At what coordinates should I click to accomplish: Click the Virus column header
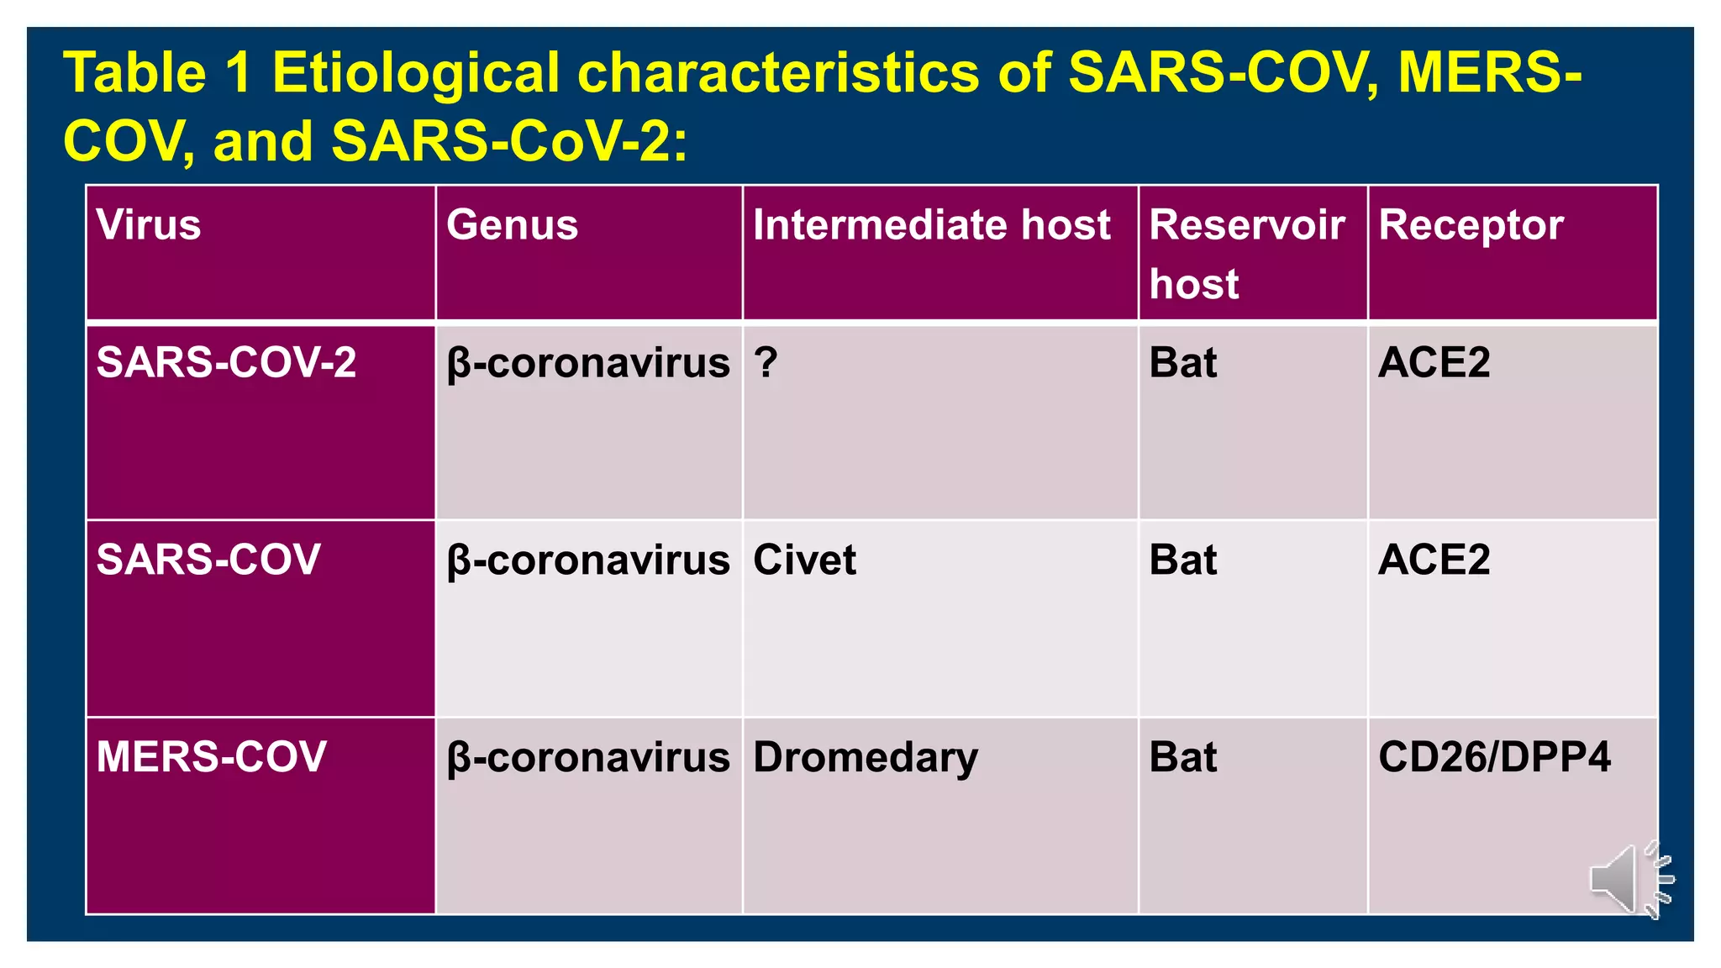point(149,225)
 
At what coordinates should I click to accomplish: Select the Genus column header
point(512,225)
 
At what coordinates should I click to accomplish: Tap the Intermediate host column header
point(931,225)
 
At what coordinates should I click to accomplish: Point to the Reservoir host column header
point(1246,253)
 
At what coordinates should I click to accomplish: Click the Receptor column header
point(1471,225)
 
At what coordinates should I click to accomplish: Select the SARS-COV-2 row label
point(226,363)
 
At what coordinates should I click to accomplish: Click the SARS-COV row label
point(208,560)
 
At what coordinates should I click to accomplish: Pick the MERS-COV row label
point(211,756)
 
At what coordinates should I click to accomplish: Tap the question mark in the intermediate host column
point(766,363)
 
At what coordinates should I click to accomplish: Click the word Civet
point(804,560)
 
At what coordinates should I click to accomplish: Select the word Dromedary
point(866,758)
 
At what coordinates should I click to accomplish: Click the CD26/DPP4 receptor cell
point(1494,757)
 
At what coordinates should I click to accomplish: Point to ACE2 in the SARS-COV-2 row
point(1434,363)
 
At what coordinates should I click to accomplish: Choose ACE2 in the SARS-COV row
point(1434,560)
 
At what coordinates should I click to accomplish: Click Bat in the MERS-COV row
point(1182,757)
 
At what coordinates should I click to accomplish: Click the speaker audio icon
point(1629,879)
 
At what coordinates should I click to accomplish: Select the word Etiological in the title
point(415,73)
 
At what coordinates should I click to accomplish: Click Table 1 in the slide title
point(158,73)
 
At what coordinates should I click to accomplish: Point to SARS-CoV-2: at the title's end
point(509,141)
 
